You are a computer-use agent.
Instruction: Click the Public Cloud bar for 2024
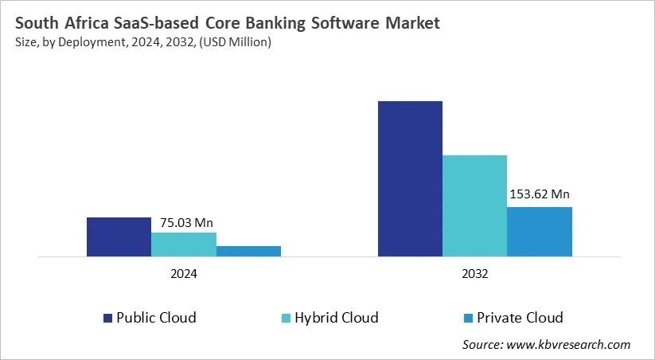[119, 237]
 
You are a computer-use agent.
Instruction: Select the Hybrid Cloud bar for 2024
[183, 245]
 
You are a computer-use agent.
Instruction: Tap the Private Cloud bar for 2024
[248, 251]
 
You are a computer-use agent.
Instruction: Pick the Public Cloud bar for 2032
[410, 178]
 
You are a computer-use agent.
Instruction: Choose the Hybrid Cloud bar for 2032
[474, 205]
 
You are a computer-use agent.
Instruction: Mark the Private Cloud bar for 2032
[540, 232]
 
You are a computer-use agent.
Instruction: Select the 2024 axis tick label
[183, 273]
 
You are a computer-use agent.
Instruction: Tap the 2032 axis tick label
[474, 273]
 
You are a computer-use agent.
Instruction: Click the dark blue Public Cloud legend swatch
[107, 318]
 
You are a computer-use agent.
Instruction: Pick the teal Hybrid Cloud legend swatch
[285, 318]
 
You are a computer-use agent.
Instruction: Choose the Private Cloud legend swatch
[469, 318]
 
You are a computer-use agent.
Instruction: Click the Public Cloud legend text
[156, 318]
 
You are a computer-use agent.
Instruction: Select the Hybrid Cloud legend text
[336, 318]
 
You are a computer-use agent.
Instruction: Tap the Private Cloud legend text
[520, 318]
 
